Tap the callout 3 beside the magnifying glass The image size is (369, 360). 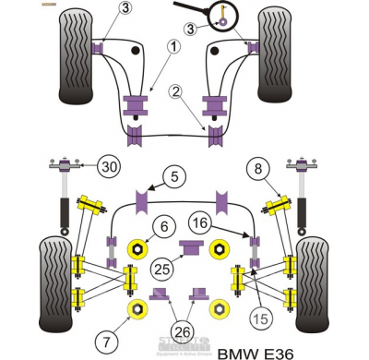(x=189, y=29)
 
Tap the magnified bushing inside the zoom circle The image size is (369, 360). (x=221, y=16)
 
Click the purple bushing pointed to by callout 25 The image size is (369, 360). (x=192, y=246)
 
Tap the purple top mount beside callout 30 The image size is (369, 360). (x=66, y=166)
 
